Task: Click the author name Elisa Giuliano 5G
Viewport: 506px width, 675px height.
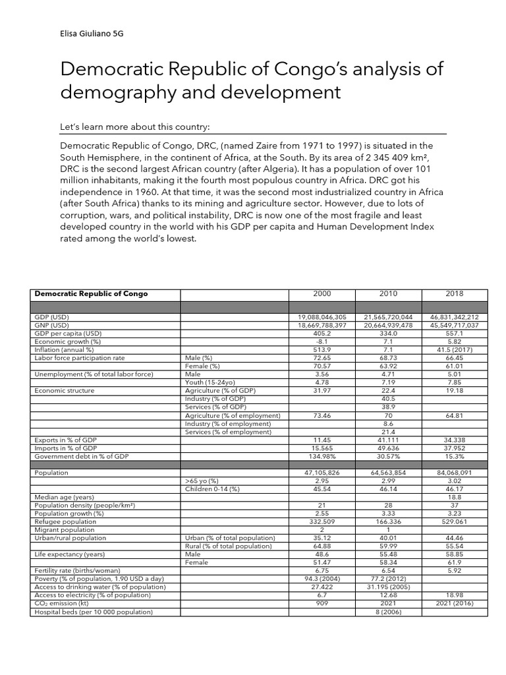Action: (x=91, y=34)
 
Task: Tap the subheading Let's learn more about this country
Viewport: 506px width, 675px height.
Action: (x=134, y=126)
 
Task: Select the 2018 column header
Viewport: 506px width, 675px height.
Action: (x=455, y=293)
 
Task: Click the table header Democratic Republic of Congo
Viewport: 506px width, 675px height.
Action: (x=92, y=293)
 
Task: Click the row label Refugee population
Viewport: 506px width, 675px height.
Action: (x=65, y=521)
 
